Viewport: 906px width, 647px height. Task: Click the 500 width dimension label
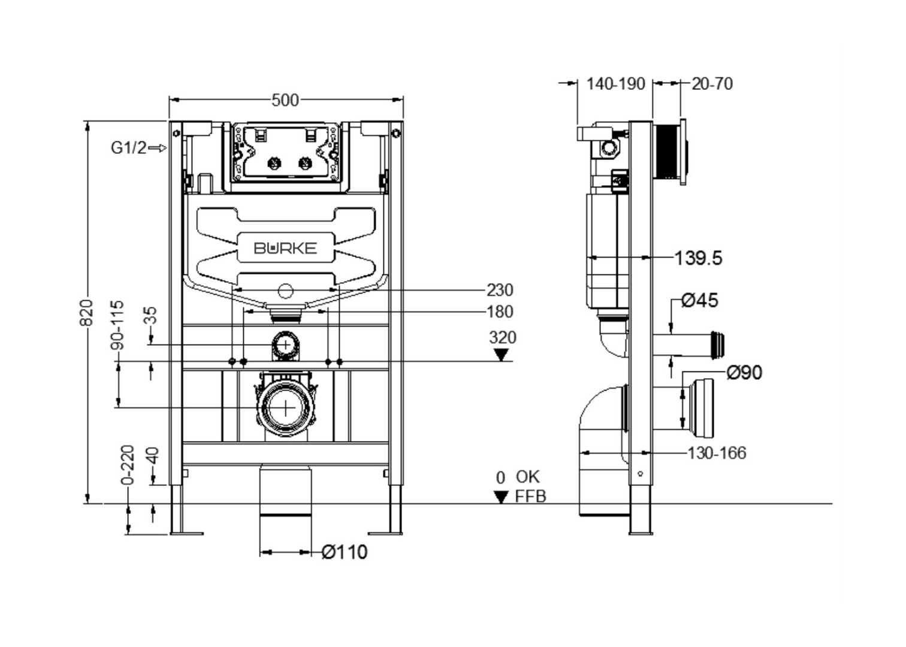point(285,100)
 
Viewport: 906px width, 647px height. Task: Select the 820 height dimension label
point(87,313)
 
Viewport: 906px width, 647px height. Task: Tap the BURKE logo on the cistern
point(285,248)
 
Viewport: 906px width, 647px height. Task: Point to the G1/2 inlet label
point(128,147)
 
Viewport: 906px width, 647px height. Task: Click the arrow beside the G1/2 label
point(157,148)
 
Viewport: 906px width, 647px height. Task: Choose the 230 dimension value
point(500,290)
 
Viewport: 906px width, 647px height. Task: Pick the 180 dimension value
point(500,312)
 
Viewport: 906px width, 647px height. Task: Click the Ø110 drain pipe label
point(345,552)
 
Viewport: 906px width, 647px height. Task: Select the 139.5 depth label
point(698,258)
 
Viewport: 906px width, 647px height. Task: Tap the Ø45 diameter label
point(700,300)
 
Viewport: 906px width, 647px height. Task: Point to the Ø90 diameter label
point(744,373)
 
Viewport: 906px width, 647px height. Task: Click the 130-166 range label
point(717,453)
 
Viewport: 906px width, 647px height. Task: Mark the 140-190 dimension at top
point(615,84)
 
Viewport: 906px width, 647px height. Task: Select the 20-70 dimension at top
point(712,84)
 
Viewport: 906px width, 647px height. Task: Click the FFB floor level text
point(530,497)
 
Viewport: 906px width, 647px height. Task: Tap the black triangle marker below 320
point(501,355)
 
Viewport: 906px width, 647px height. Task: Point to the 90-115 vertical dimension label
point(118,325)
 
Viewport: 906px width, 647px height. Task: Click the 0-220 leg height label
point(128,465)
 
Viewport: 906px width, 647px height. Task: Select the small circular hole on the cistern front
point(285,292)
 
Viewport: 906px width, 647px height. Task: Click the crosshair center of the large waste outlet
point(286,407)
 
